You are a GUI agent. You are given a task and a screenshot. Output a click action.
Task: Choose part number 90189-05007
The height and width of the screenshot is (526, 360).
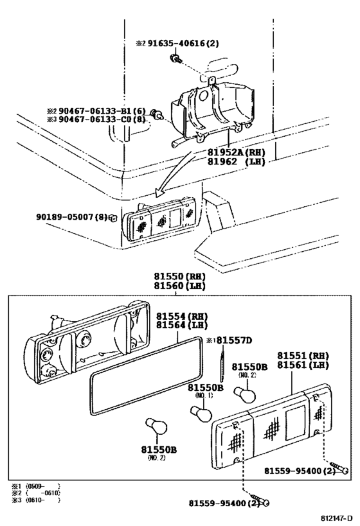(x=67, y=217)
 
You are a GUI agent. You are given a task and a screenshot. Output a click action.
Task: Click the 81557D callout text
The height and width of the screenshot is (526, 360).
(x=233, y=340)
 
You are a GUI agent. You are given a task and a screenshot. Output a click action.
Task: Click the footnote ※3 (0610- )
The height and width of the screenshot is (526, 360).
(x=36, y=500)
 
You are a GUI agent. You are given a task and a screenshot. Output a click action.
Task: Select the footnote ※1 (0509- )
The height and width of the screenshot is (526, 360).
(x=36, y=486)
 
